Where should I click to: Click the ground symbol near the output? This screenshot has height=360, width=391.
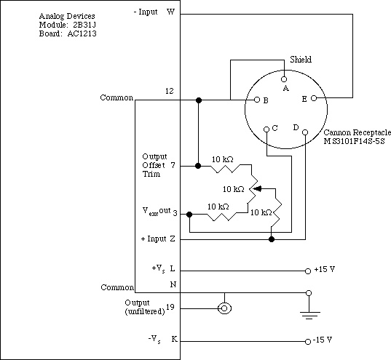tap(310, 316)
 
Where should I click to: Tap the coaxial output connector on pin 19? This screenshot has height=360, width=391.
tap(224, 308)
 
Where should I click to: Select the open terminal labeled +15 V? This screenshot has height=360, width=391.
tap(308, 271)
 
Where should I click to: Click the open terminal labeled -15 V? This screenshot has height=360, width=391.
tap(308, 342)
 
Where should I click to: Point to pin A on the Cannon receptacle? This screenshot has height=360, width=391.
tap(284, 79)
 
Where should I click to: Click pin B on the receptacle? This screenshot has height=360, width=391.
tap(257, 100)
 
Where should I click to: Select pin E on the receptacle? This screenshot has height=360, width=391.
tap(314, 98)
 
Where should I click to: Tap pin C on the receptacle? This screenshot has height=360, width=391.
tap(266, 129)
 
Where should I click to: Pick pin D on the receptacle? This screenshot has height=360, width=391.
tap(305, 132)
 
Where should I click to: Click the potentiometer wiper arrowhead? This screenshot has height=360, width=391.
tap(257, 188)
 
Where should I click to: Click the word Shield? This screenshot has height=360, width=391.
tap(301, 60)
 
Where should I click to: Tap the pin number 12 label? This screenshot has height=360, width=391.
tap(170, 91)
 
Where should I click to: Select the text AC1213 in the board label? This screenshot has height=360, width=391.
tap(82, 33)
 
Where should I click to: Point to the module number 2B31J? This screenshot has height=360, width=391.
tap(84, 25)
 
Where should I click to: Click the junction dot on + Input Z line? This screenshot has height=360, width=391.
tap(272, 239)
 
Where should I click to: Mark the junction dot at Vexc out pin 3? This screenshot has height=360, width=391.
tap(189, 215)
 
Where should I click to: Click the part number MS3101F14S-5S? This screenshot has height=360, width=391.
tap(354, 141)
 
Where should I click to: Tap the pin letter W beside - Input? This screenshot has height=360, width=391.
tap(171, 12)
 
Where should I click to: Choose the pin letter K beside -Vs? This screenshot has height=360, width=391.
tap(174, 339)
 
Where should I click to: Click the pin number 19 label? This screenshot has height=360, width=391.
tap(170, 308)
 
